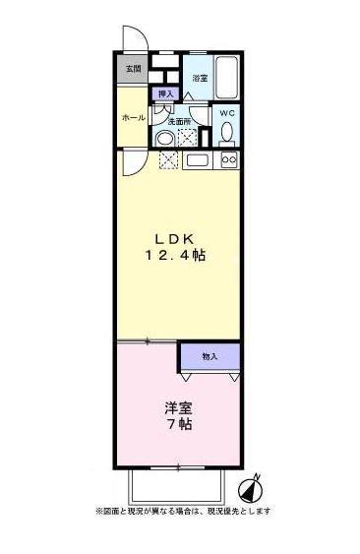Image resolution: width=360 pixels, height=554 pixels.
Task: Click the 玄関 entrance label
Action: tap(133, 70)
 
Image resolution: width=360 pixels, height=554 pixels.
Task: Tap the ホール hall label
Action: tap(133, 117)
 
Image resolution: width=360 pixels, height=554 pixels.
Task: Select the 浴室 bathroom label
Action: tap(200, 77)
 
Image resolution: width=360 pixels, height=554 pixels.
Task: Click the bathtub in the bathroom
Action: tap(226, 76)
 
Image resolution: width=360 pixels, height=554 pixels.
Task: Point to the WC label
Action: tap(226, 113)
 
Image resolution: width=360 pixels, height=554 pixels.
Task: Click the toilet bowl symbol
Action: tap(227, 132)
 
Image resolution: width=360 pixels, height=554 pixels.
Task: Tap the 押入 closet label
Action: tap(166, 93)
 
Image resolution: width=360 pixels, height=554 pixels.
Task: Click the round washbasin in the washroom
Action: tap(166, 137)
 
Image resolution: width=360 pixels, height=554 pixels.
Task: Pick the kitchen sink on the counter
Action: tap(198, 159)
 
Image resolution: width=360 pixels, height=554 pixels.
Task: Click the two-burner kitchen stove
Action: tap(227, 159)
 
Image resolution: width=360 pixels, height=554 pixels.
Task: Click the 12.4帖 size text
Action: tap(179, 256)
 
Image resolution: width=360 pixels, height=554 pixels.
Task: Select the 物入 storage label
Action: tap(209, 355)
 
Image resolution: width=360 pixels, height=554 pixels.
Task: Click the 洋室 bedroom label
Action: tap(178, 406)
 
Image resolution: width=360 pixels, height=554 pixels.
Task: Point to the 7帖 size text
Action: tap(178, 424)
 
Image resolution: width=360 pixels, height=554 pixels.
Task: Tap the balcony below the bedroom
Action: tap(178, 483)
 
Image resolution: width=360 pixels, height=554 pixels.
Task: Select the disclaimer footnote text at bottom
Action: tap(182, 512)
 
